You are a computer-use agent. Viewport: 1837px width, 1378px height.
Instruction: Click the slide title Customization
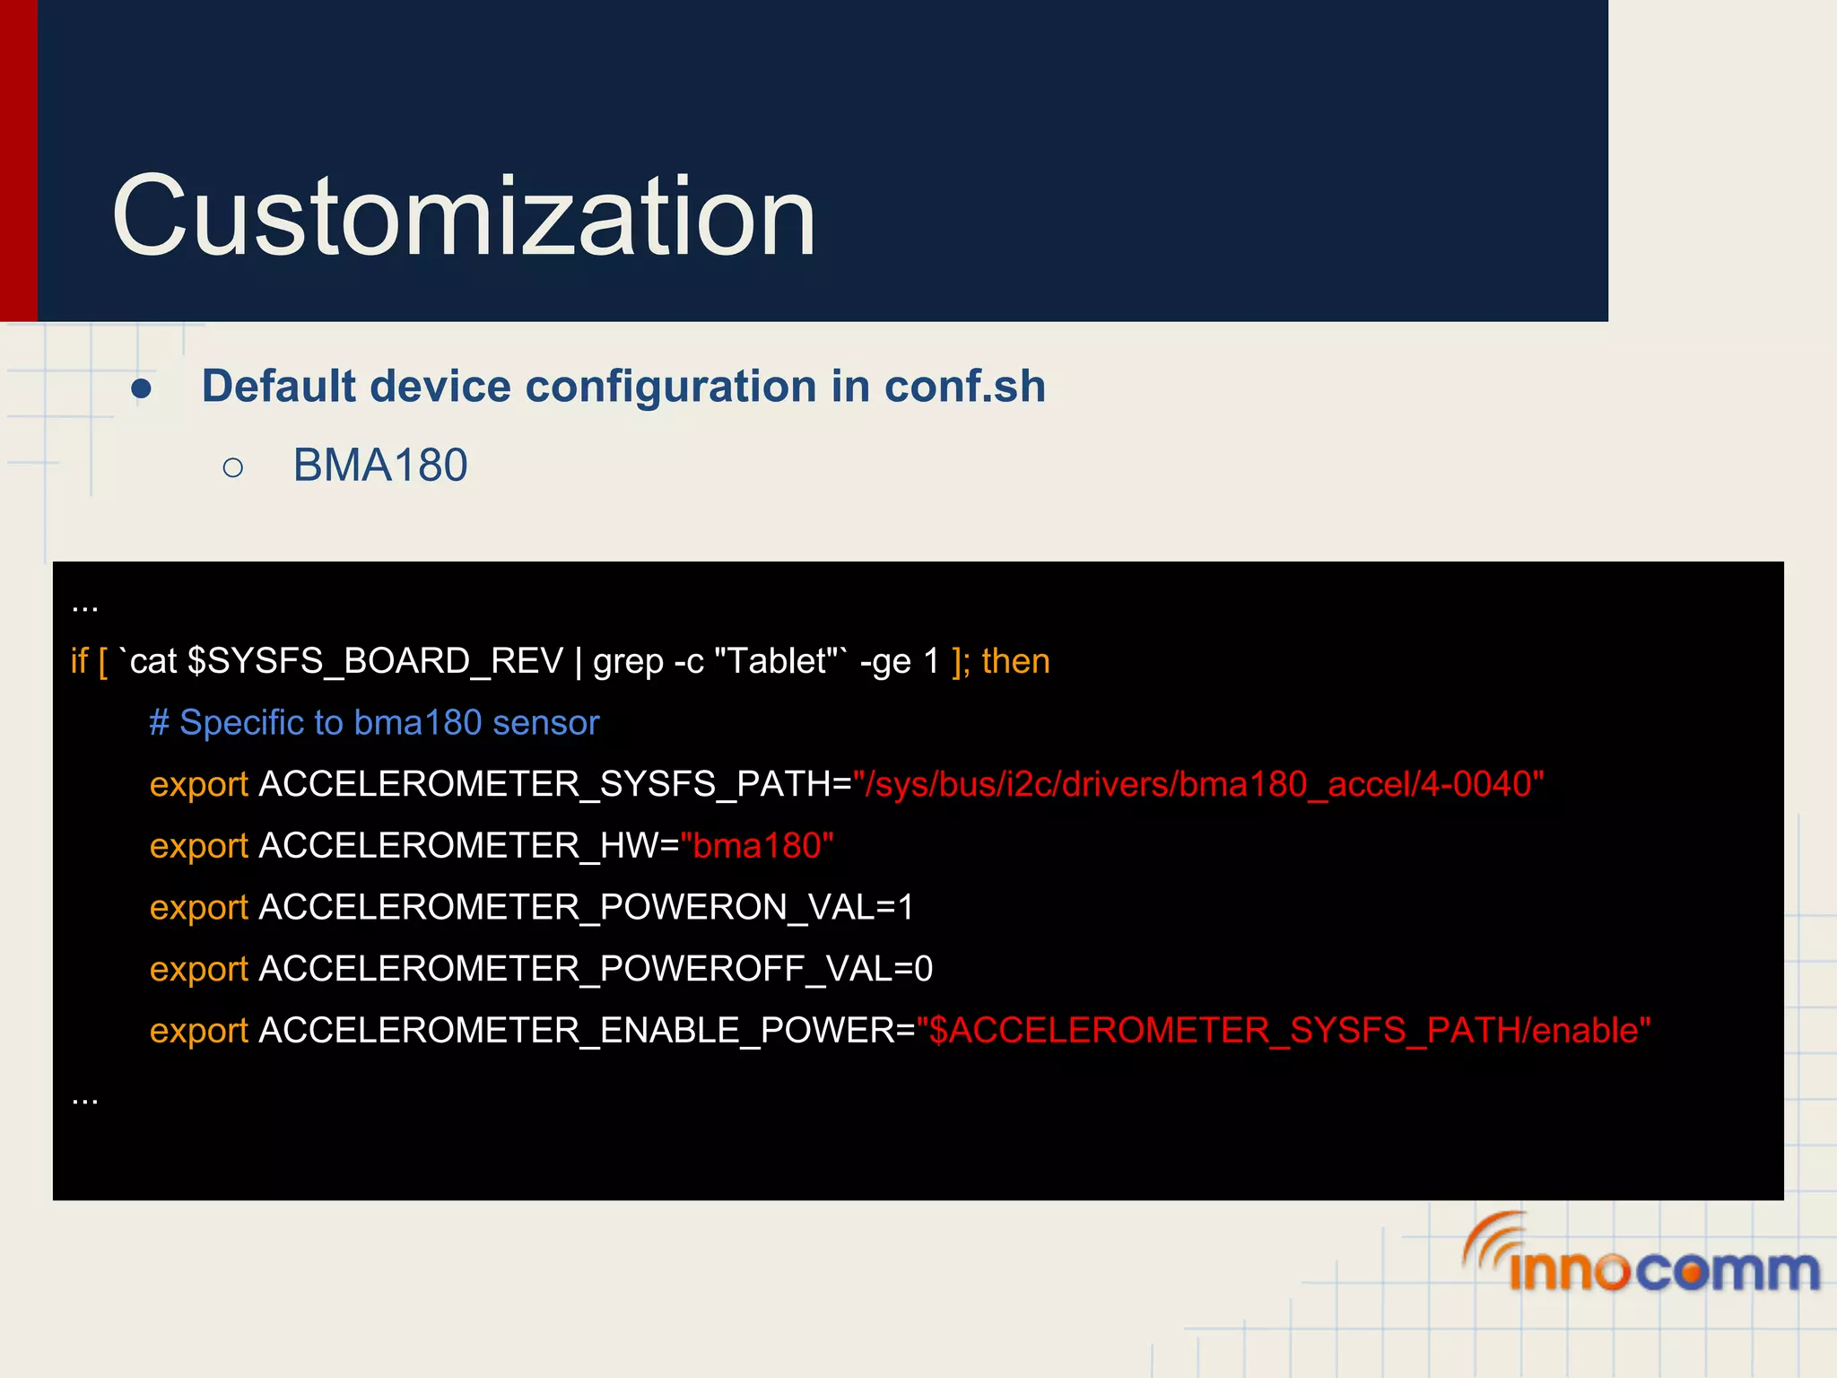(x=463, y=217)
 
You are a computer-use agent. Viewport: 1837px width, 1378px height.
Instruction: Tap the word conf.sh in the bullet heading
(x=964, y=387)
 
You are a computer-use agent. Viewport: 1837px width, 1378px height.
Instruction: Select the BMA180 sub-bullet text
(x=380, y=466)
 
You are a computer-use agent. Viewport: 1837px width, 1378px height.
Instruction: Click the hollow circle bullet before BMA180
(x=233, y=467)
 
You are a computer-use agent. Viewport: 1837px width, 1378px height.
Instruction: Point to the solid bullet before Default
(x=141, y=389)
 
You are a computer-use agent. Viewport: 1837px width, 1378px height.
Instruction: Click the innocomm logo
(x=1641, y=1256)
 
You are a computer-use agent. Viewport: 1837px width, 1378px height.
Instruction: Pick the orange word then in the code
(x=1015, y=661)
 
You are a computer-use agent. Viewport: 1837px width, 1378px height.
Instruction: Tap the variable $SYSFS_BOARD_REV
(x=375, y=661)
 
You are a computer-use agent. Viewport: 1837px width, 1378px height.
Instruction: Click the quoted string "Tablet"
(x=776, y=661)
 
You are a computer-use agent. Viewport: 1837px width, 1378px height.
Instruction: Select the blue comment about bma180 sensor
(x=374, y=723)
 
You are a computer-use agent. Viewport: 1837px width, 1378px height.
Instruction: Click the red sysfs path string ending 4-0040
(x=1198, y=785)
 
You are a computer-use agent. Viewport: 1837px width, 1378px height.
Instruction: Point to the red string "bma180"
(x=757, y=846)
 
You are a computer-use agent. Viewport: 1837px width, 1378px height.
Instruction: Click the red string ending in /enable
(x=1283, y=1031)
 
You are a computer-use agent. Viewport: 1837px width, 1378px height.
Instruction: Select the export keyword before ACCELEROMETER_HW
(x=198, y=846)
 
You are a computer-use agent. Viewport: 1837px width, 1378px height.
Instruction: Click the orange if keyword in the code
(x=79, y=661)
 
